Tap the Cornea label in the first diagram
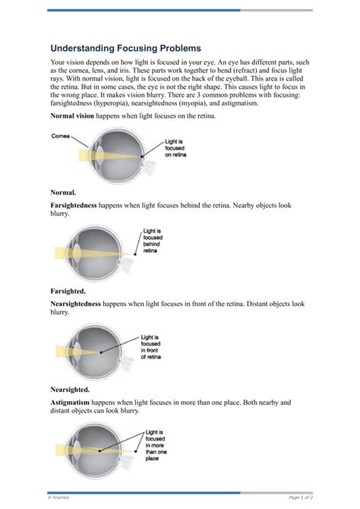pos(62,136)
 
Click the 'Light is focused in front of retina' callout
pos(150,346)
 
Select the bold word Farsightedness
pos(80,206)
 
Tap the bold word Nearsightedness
pos(83,303)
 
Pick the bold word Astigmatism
pos(74,402)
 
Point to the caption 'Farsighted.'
pos(68,290)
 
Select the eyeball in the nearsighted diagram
pos(99,350)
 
